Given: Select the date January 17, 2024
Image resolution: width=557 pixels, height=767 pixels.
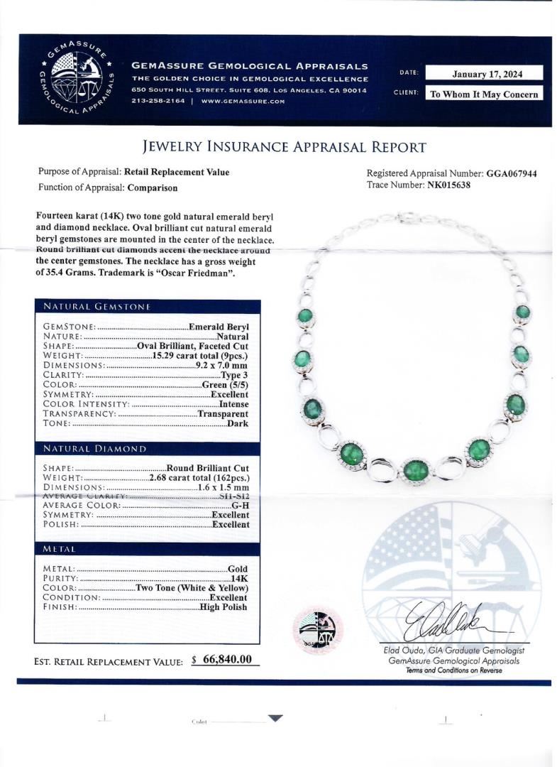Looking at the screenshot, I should tap(487, 72).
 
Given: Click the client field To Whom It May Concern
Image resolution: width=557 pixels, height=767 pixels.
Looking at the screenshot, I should tap(485, 94).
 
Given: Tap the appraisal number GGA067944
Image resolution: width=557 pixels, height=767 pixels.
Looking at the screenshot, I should tap(511, 173).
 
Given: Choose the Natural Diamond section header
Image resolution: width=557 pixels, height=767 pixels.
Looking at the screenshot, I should tap(95, 449).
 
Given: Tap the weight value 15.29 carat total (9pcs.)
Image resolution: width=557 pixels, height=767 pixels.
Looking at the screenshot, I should tap(206, 355).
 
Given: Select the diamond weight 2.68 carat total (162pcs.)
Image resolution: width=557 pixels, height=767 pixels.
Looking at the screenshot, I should tap(199, 478).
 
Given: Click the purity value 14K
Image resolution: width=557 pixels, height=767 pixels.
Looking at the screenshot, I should tap(239, 579).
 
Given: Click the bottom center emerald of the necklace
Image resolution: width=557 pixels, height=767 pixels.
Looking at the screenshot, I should tap(416, 469).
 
